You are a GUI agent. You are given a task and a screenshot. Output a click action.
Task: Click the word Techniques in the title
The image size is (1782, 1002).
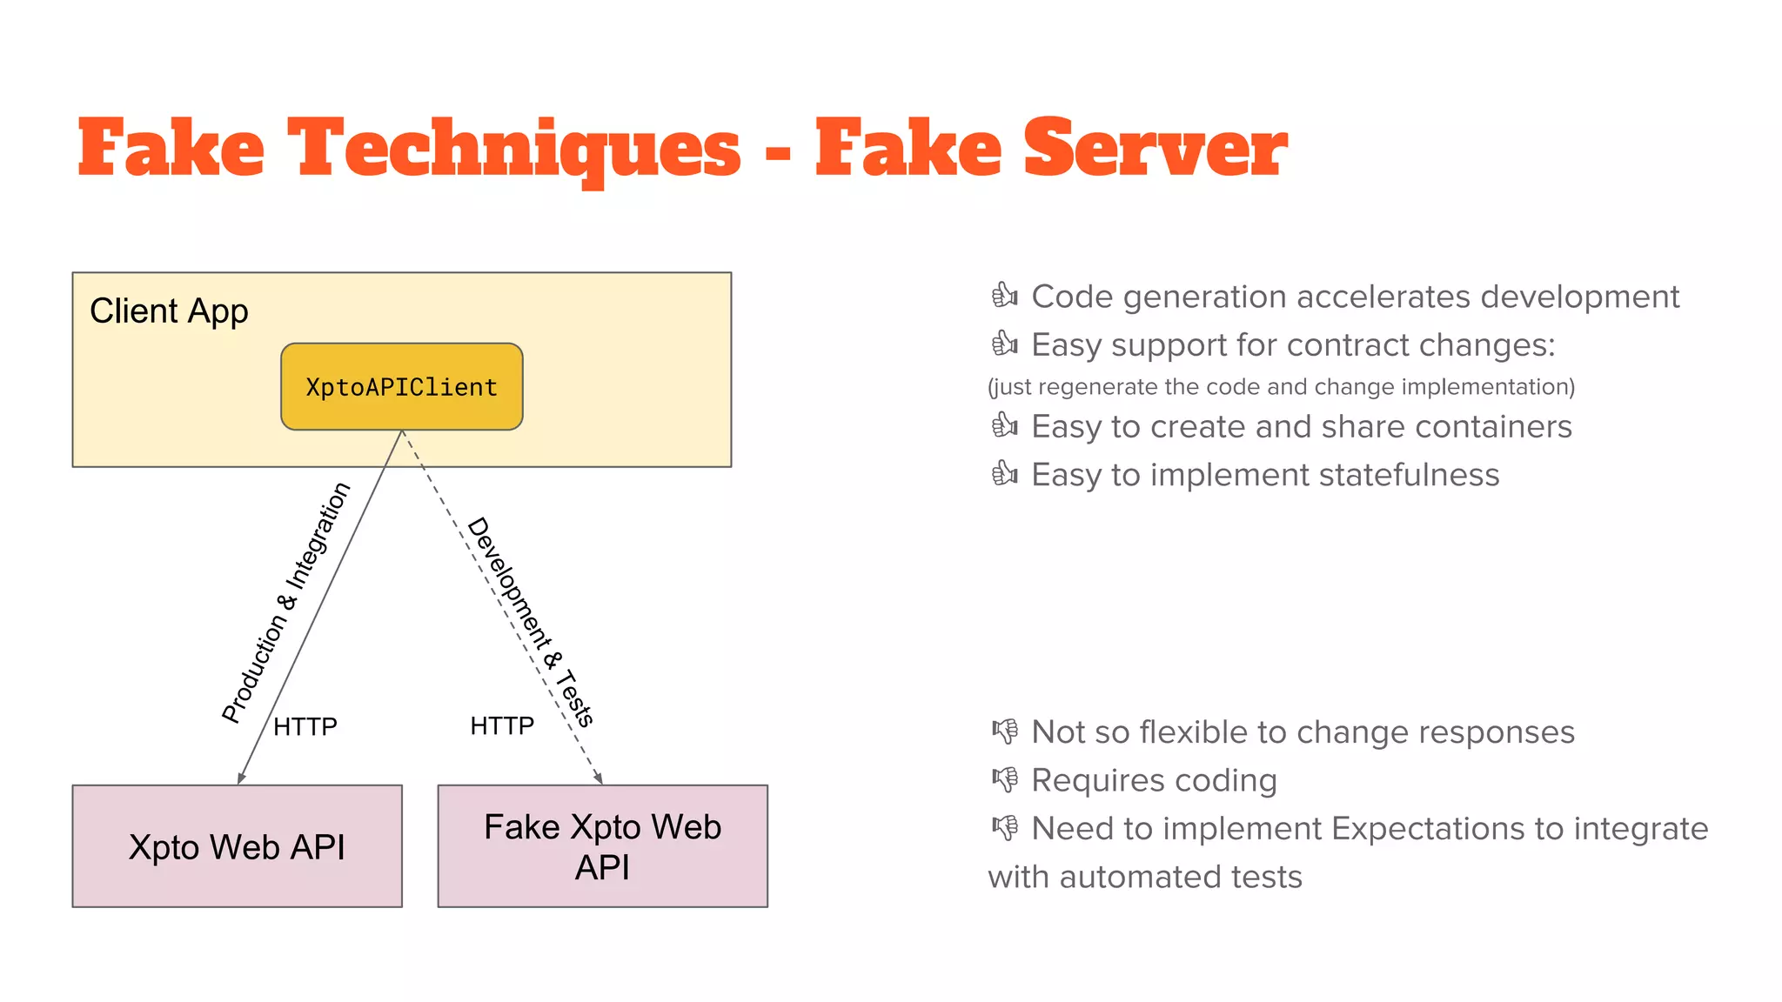pos(514,150)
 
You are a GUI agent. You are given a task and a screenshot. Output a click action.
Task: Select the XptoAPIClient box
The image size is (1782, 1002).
pos(401,386)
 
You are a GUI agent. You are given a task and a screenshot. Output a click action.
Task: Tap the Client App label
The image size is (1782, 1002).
pos(169,311)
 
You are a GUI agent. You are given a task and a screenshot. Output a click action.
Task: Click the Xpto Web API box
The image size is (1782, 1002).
pos(237,846)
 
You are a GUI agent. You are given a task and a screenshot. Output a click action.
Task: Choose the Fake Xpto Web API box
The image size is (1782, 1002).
pos(602,846)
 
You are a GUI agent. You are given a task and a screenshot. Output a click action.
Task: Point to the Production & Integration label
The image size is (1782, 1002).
pos(285,602)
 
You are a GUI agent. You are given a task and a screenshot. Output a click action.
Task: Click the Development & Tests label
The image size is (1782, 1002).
pos(531,621)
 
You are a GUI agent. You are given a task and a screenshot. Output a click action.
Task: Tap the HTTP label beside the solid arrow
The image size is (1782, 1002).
pos(305,726)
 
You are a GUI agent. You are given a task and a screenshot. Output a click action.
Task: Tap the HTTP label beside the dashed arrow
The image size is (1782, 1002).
pos(502,725)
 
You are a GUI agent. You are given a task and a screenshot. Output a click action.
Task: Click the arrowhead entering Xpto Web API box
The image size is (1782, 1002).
pos(241,778)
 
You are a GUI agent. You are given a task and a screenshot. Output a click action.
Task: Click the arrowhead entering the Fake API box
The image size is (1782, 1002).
pos(599,778)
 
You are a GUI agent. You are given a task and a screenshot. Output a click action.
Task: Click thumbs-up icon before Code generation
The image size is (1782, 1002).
pos(1004,296)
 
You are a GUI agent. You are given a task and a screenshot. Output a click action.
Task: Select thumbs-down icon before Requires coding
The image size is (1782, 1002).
pos(1004,779)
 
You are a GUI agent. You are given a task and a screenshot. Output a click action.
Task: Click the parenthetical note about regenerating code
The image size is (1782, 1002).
pos(1281,386)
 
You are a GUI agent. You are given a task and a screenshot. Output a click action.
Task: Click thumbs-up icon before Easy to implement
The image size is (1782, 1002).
pos(1004,474)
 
